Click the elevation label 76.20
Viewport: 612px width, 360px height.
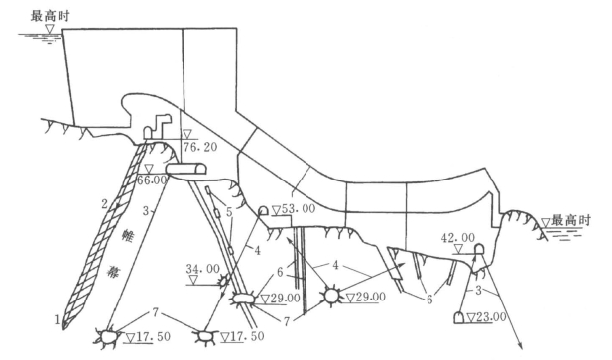(x=200, y=147)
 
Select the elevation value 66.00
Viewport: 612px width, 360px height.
(x=152, y=180)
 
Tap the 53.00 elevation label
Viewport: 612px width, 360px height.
(x=299, y=209)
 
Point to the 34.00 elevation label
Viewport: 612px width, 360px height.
(x=202, y=269)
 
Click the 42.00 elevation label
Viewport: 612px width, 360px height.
(x=458, y=238)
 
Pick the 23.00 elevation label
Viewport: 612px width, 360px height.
(x=491, y=317)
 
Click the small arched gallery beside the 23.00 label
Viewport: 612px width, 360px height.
(x=459, y=318)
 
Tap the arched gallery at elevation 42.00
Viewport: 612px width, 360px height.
(x=479, y=249)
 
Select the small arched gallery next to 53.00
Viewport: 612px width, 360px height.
(x=264, y=211)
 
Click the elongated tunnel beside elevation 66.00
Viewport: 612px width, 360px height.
(x=186, y=169)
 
